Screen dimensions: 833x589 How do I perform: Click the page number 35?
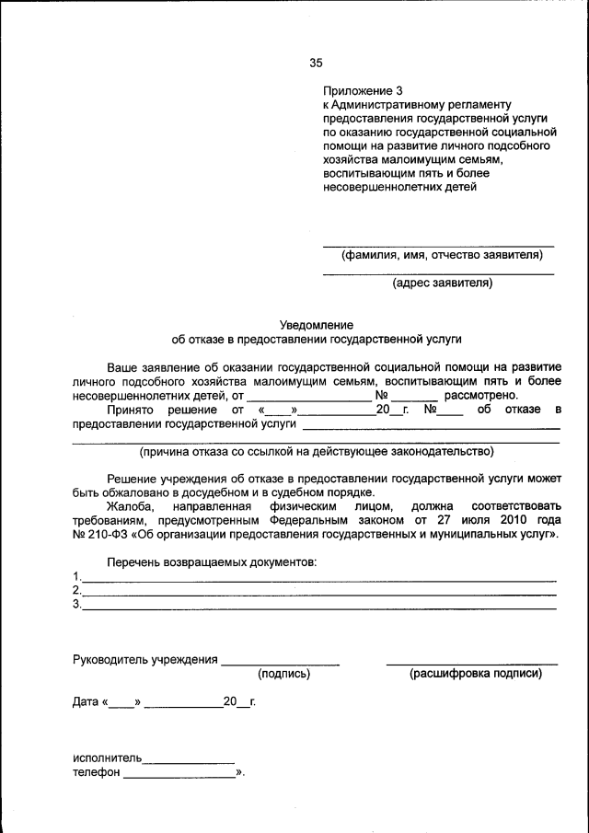[316, 64]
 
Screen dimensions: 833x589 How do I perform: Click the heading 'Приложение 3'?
[363, 91]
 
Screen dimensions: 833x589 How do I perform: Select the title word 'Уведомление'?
[317, 325]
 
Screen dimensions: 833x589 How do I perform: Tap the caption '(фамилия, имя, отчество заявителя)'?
[437, 255]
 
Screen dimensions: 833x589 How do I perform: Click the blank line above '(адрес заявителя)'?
[437, 273]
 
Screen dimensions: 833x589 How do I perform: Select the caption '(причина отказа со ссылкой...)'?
[316, 451]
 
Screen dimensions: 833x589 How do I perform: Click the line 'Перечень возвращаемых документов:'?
[212, 561]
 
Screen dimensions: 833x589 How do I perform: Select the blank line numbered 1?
[318, 579]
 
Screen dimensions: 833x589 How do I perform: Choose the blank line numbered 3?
[318, 607]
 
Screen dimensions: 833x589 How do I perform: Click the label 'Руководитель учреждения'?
[144, 659]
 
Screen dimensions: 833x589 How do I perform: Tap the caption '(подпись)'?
[283, 674]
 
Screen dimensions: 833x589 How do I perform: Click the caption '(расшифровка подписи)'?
[475, 674]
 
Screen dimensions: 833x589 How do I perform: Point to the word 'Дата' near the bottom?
[86, 702]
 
